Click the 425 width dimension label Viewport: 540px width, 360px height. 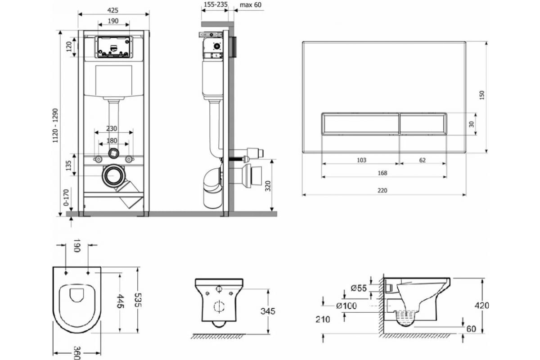pyautogui.click(x=112, y=10)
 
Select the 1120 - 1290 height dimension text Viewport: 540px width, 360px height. pyautogui.click(x=55, y=126)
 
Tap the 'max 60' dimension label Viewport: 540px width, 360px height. pyautogui.click(x=251, y=5)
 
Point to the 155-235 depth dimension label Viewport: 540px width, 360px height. pyautogui.click(x=216, y=4)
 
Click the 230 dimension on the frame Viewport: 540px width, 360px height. pyautogui.click(x=112, y=129)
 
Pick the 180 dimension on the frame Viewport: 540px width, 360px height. pyautogui.click(x=112, y=140)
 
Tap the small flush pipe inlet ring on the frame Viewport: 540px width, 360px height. pyautogui.click(x=113, y=153)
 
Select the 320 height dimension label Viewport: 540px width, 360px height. pyautogui.click(x=268, y=186)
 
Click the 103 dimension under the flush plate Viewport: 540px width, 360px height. pyautogui.click(x=361, y=160)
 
